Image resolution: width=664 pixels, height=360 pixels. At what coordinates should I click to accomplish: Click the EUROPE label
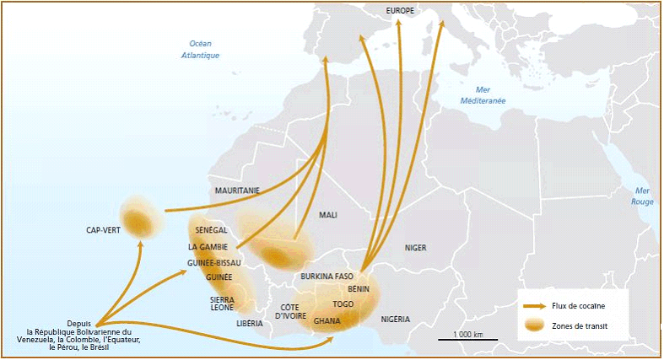tap(401, 10)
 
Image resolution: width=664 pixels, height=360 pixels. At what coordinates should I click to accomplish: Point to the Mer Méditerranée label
tap(483, 94)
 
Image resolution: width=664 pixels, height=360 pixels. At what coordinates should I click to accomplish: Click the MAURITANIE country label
tap(237, 191)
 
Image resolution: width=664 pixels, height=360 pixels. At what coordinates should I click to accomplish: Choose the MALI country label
tap(328, 215)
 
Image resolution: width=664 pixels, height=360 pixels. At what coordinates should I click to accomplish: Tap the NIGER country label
tap(415, 248)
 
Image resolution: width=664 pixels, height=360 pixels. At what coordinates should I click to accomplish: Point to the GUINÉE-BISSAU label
tap(214, 262)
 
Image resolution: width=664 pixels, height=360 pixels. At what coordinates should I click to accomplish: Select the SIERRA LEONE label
tap(222, 304)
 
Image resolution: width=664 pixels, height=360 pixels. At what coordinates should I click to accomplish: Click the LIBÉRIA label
tap(250, 323)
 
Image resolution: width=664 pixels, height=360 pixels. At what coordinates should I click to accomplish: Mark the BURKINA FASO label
tap(327, 277)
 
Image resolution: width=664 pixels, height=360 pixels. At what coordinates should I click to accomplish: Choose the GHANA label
tap(327, 321)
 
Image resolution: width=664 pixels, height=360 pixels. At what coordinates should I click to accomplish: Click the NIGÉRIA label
tap(395, 320)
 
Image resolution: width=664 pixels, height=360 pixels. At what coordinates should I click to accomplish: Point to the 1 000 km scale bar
tap(467, 339)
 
